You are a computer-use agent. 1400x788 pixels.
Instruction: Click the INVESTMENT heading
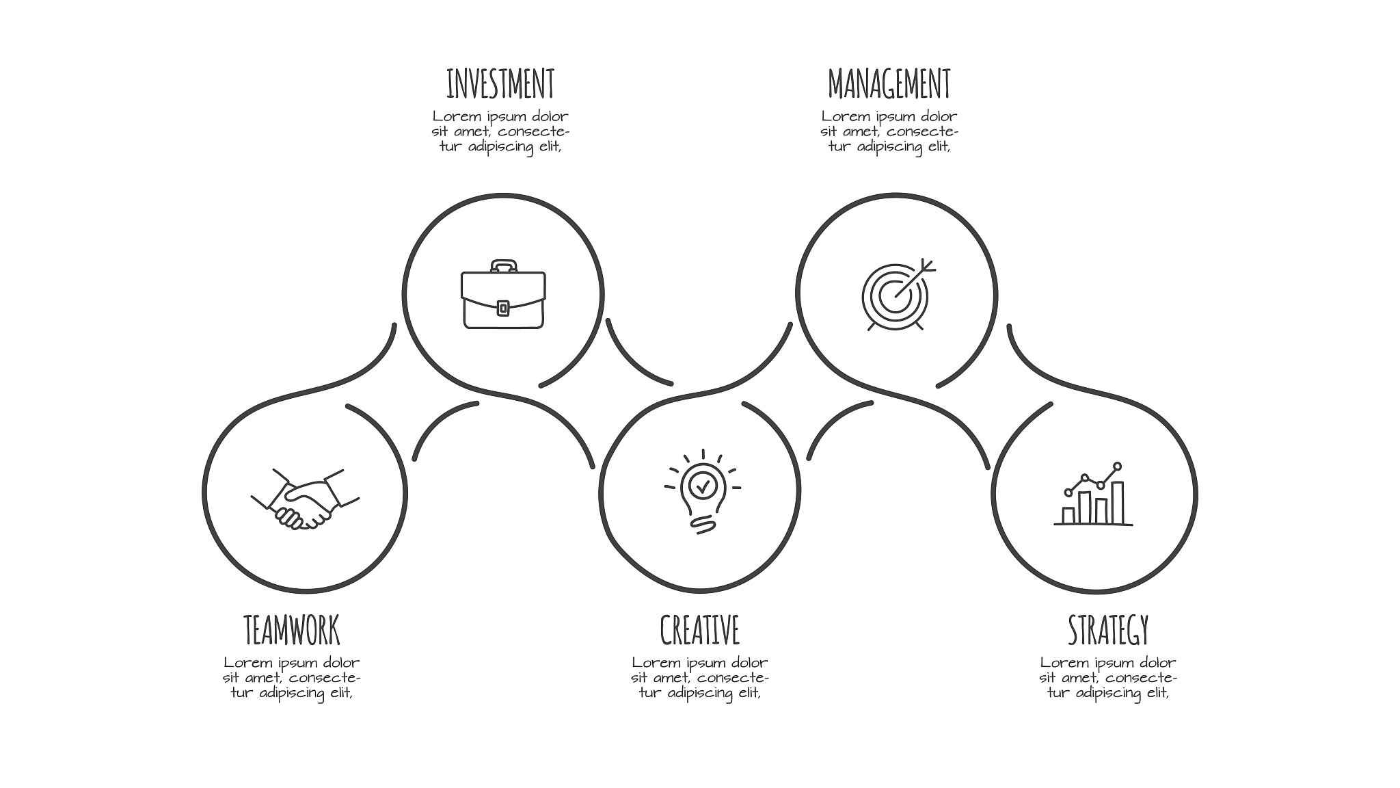click(x=500, y=83)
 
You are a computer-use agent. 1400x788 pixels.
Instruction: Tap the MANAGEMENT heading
click(x=889, y=83)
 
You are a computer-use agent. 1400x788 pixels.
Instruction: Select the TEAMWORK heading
click(x=292, y=630)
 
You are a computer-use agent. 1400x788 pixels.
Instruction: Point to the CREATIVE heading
click(x=700, y=630)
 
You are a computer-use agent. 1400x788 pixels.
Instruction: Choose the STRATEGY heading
click(x=1108, y=630)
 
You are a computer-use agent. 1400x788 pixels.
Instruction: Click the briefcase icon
click(x=503, y=294)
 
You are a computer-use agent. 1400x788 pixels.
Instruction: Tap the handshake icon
click(x=305, y=499)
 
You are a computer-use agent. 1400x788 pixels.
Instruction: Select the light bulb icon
click(x=702, y=491)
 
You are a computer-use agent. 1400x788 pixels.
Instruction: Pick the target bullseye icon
click(x=898, y=295)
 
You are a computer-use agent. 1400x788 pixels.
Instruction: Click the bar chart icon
click(x=1093, y=494)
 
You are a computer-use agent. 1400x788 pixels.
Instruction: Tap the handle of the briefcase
click(x=503, y=266)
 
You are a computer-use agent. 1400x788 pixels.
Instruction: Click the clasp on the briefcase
click(x=503, y=308)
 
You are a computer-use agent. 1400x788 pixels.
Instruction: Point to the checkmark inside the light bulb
click(x=702, y=487)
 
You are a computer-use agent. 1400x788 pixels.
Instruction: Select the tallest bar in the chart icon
click(x=1117, y=503)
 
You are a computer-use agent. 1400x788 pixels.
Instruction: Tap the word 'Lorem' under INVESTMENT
click(x=457, y=116)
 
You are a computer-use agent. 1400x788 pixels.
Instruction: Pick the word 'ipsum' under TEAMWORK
click(x=295, y=664)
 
